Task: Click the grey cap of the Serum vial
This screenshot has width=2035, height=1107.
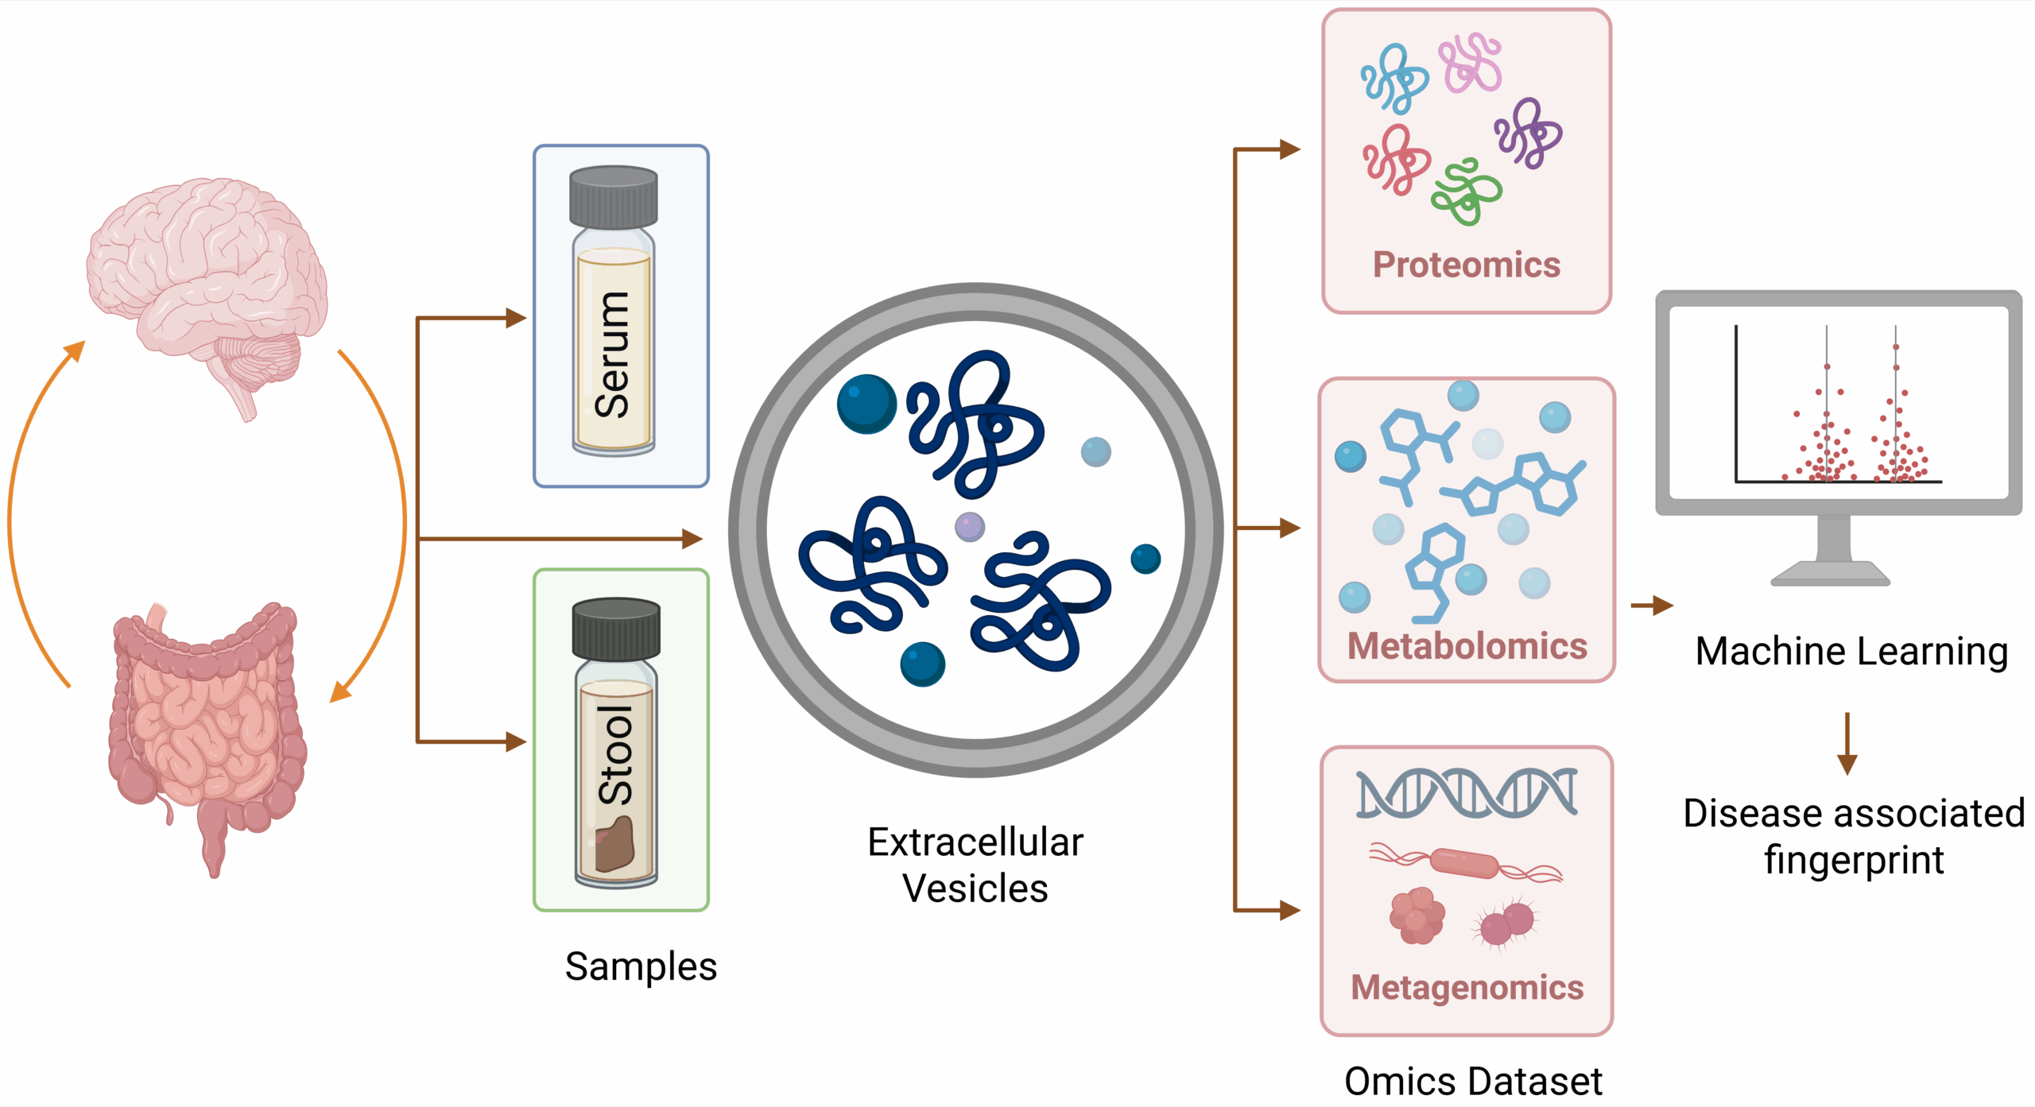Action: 614,196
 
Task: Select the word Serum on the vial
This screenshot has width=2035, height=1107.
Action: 613,354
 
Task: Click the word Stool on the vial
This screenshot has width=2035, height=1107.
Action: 616,755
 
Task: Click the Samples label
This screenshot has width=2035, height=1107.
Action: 641,967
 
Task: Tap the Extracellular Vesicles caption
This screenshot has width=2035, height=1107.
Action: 975,865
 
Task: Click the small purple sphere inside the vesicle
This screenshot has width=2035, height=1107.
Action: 969,526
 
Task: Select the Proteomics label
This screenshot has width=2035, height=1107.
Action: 1467,265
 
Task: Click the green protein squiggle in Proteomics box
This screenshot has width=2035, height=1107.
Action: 1466,192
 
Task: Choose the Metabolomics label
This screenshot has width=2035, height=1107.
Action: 1467,646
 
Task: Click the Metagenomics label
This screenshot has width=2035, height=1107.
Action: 1467,988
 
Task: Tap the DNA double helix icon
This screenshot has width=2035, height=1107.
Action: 1467,793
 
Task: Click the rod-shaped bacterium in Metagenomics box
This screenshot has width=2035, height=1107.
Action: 1464,863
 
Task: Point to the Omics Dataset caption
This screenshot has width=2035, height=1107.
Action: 1473,1082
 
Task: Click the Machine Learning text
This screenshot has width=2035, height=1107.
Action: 1851,652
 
